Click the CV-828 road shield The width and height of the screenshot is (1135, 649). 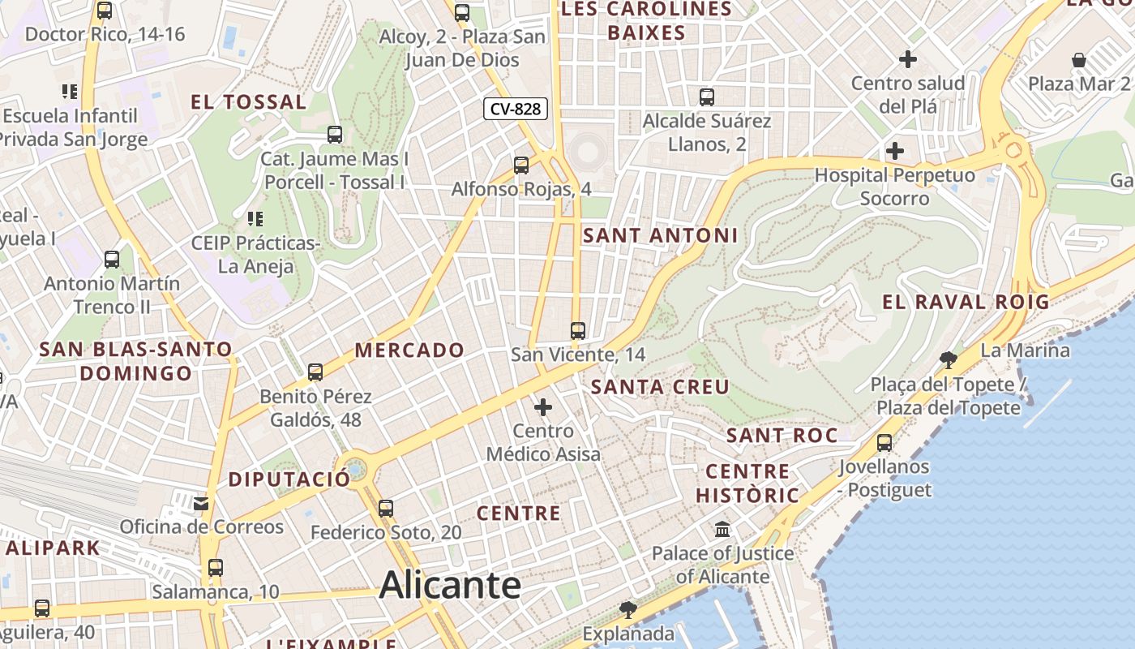[516, 109]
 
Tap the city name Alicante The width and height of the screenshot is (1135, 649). [450, 585]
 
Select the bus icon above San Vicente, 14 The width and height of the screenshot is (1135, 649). [578, 330]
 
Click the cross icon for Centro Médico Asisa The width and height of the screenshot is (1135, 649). [543, 406]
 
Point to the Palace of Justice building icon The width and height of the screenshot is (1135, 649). [722, 530]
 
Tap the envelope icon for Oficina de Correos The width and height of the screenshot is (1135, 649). [201, 504]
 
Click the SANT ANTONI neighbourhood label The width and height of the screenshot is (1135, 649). [660, 236]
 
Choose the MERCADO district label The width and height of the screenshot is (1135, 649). [409, 350]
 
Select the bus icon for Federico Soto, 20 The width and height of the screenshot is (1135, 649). [386, 509]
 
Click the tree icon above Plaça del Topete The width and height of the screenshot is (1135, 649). [947, 359]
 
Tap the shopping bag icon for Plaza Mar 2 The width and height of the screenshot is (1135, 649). [1079, 60]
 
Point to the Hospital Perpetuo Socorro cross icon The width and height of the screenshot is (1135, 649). [895, 151]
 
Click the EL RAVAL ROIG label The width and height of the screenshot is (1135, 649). [966, 303]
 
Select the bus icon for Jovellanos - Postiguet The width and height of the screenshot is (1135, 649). [884, 443]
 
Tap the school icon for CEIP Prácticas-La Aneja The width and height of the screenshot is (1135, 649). [255, 218]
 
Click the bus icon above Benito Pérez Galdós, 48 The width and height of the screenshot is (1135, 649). [315, 372]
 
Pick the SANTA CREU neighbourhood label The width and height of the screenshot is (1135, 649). [660, 387]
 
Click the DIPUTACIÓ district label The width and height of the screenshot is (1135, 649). [289, 479]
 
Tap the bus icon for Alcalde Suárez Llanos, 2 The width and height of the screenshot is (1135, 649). [707, 97]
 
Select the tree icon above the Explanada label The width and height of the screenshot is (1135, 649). [627, 609]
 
